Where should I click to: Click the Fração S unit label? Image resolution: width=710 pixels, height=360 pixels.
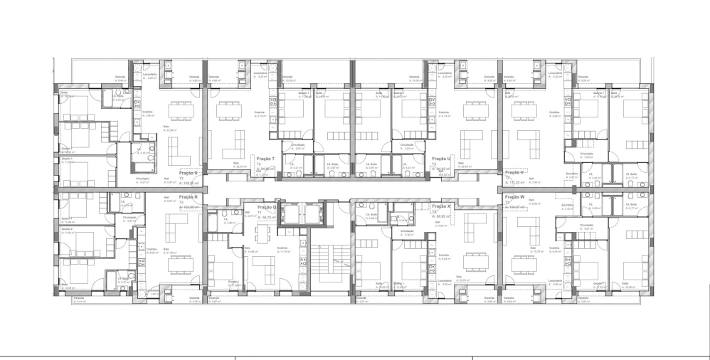click(x=188, y=173)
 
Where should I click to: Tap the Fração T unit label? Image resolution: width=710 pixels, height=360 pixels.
click(x=265, y=159)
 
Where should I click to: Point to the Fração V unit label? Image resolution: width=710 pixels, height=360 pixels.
click(x=514, y=173)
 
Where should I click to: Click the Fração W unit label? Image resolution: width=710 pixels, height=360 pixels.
click(x=513, y=197)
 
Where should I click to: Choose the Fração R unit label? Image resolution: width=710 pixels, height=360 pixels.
click(x=188, y=197)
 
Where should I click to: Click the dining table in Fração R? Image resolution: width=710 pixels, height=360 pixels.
click(x=175, y=264)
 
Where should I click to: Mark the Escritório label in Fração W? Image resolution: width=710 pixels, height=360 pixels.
click(x=566, y=204)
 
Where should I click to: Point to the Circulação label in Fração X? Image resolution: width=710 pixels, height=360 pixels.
click(x=406, y=231)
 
